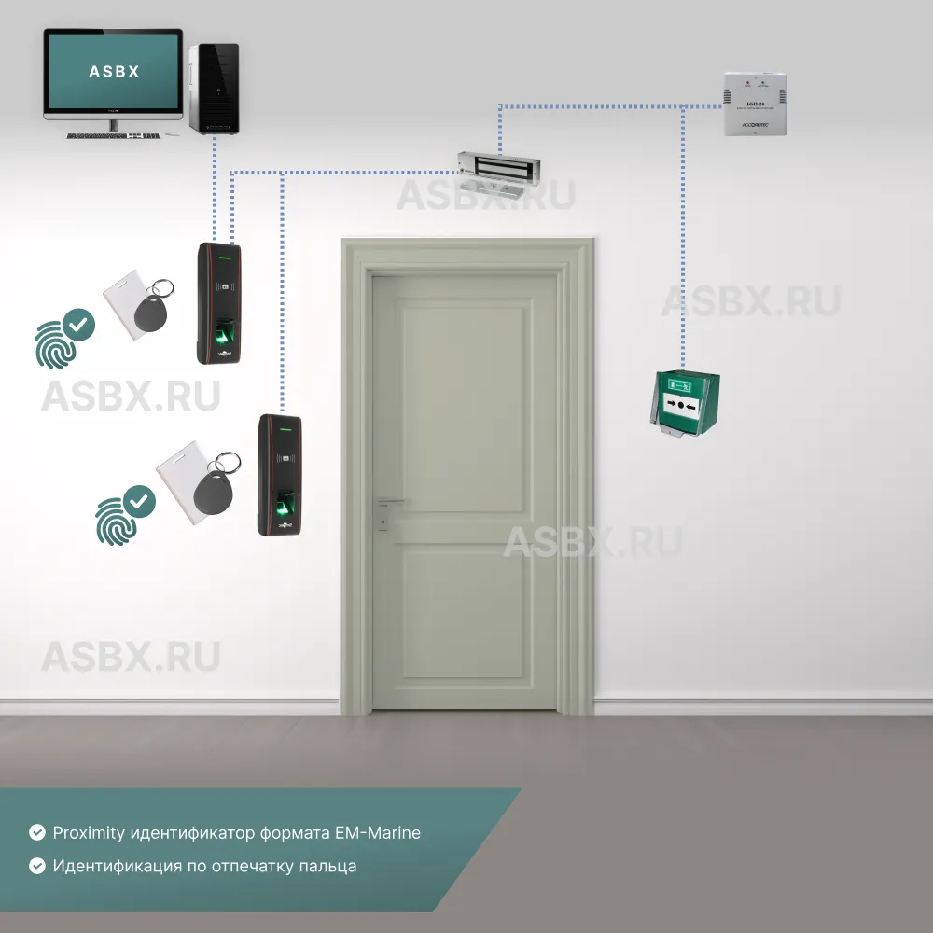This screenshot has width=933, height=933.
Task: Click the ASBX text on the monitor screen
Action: pos(114,71)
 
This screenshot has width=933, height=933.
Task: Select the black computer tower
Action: pos(215,89)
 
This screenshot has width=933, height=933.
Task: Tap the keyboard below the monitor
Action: pos(110,135)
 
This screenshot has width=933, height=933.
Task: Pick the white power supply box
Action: pos(756,104)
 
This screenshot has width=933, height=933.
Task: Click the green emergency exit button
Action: pos(686,403)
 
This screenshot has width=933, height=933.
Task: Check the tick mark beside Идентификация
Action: pos(37,866)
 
